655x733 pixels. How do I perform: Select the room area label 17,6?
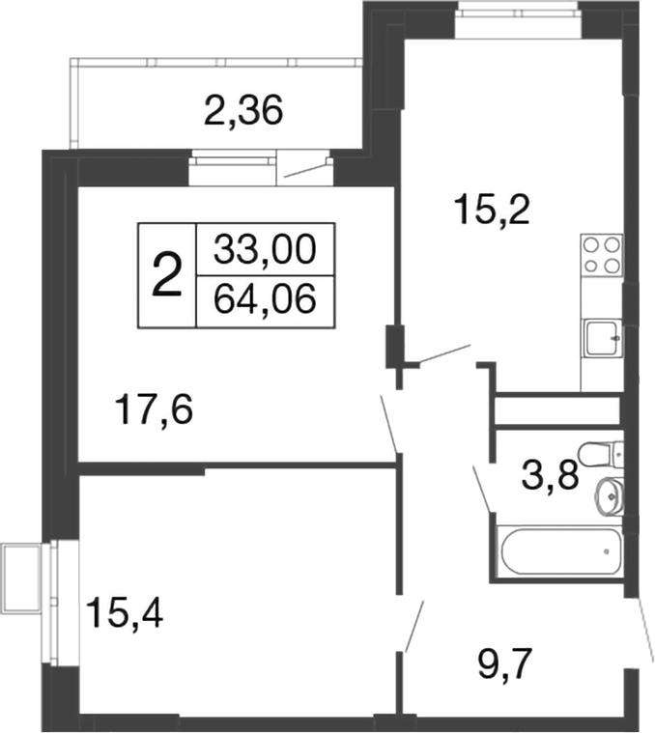pos(153,410)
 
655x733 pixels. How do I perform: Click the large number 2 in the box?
pos(167,275)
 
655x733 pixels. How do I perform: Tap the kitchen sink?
pos(602,337)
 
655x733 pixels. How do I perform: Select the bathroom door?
pos(482,489)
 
